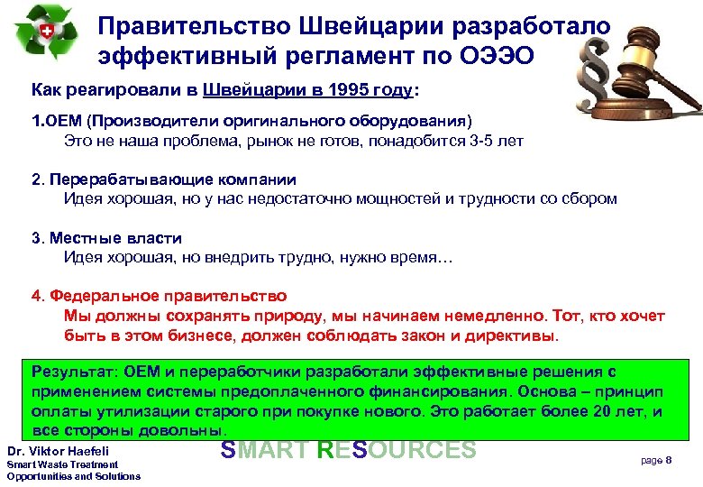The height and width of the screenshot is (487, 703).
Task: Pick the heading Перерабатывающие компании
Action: [x=172, y=179]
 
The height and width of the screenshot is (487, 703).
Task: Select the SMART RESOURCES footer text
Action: [x=347, y=449]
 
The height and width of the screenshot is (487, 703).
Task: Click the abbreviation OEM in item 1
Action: [x=62, y=120]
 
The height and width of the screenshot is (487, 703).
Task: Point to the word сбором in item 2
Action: [x=591, y=199]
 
